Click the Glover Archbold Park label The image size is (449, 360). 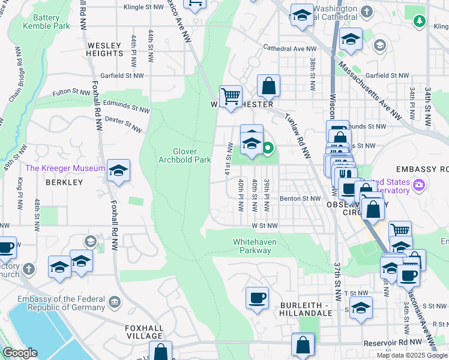(x=184, y=155)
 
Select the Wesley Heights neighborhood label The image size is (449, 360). (x=105, y=49)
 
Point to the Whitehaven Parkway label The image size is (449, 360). (x=256, y=246)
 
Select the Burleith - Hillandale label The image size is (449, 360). (x=306, y=309)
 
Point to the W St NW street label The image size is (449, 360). (x=265, y=226)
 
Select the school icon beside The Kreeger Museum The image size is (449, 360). (x=119, y=170)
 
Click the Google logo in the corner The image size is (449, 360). (x=19, y=353)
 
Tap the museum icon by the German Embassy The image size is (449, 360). (x=113, y=300)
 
